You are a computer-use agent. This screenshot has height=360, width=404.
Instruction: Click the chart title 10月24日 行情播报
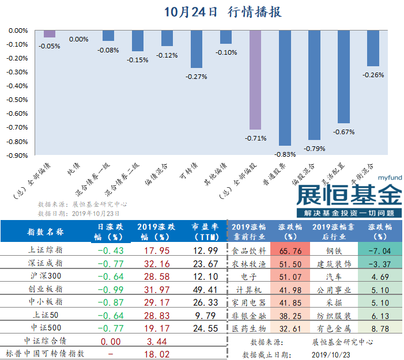click(223, 11)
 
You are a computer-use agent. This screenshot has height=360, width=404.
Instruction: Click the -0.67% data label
click(343, 132)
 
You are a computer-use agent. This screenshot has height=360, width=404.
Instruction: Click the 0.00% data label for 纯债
click(78, 39)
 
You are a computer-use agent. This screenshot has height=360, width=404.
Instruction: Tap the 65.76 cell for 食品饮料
click(291, 251)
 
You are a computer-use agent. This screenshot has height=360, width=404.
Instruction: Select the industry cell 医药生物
click(250, 328)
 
